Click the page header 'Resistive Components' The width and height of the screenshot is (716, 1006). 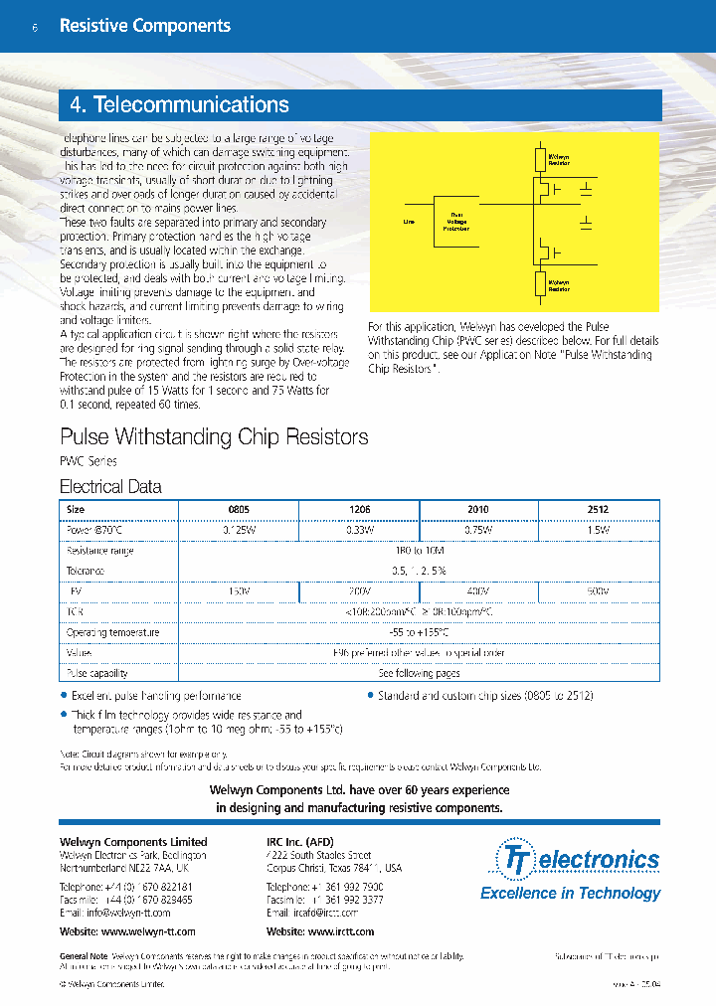coord(144,27)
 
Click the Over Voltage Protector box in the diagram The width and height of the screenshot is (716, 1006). coord(456,221)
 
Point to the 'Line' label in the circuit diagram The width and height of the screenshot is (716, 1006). coord(409,222)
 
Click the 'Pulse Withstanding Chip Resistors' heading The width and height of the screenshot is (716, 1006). coord(214,436)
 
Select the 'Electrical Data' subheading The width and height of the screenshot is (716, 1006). coord(110,487)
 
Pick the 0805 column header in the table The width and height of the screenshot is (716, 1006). coord(239,509)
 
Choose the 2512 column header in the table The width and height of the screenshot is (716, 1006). coord(598,509)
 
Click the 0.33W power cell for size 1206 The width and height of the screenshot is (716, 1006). coord(359,530)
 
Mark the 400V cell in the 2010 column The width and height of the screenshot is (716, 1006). coord(478,591)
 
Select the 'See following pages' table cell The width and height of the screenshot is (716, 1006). coord(418,673)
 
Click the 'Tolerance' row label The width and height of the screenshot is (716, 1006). coord(85,572)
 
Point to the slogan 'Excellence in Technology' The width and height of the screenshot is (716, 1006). coord(570,893)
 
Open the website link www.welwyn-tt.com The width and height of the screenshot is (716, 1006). coord(127,931)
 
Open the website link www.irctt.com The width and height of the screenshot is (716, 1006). coord(320,931)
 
